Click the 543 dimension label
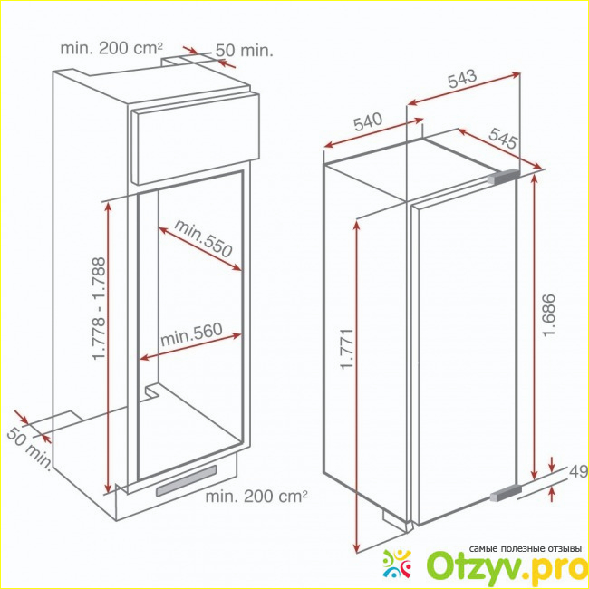point(462,79)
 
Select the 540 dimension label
point(368,121)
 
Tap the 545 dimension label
point(503,138)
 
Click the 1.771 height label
point(347,349)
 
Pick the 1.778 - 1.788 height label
point(99,308)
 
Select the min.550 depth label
point(203,238)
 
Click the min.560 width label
point(191,334)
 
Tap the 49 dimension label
point(578,472)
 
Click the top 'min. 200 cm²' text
point(112,48)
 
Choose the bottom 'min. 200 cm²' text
point(256,497)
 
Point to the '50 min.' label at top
point(244,51)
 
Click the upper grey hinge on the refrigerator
point(503,177)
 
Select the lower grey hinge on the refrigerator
point(506,493)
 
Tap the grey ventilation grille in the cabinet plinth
point(187,481)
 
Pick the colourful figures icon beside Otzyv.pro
point(398,564)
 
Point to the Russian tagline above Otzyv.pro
point(525,549)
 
